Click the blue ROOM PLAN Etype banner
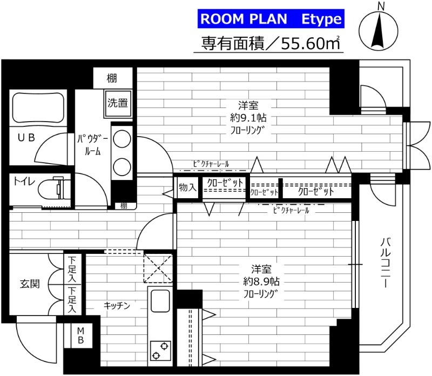coord(271,19)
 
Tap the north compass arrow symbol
coord(379,30)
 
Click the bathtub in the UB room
coord(38,108)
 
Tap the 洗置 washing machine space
coord(118,103)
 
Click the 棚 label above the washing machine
coord(112,78)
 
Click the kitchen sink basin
coord(160,301)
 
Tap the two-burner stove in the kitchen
coord(160,351)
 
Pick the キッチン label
coord(117,305)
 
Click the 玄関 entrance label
coord(30,284)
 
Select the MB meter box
coord(80,335)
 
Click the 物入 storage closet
coord(187,188)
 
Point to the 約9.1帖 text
coord(248,118)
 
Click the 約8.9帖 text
coord(261,281)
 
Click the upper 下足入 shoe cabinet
coord(72,269)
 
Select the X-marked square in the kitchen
coord(158,268)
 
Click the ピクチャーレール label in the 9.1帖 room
coord(211,164)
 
